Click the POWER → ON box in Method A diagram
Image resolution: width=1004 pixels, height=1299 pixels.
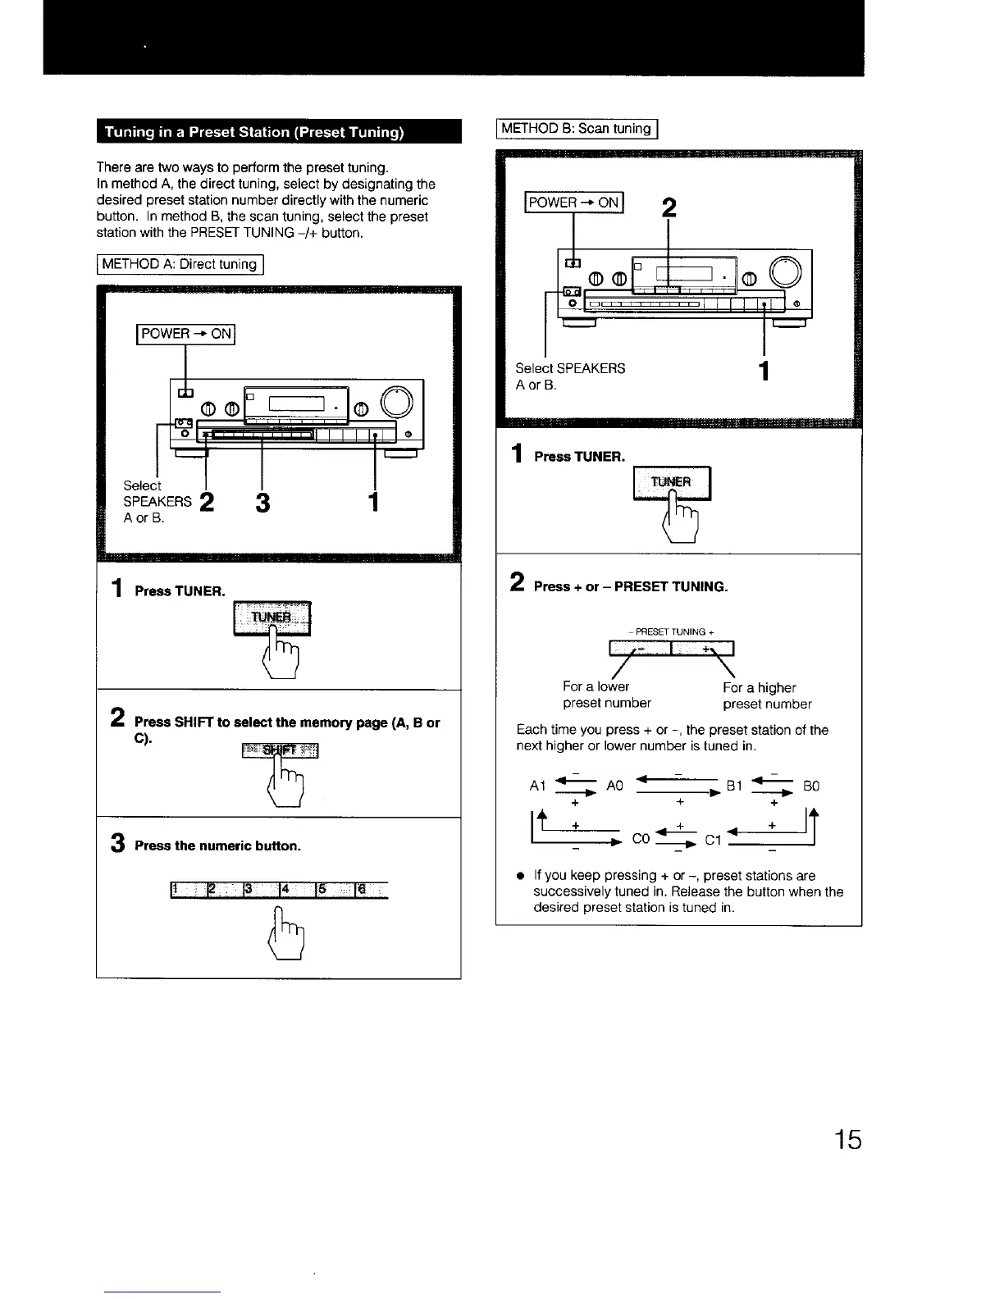point(186,334)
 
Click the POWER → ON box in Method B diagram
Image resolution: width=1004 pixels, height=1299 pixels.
point(574,203)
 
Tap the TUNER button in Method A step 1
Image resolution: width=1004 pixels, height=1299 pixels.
point(271,618)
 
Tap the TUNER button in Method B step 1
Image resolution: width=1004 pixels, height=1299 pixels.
point(672,482)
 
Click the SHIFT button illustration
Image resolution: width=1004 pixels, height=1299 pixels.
point(279,750)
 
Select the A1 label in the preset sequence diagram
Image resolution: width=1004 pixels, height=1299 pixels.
point(538,786)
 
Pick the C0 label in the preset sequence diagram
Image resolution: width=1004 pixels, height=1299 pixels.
point(641,840)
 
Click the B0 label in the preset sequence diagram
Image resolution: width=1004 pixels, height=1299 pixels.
point(810,786)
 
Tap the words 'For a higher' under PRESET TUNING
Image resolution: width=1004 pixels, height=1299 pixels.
point(759,688)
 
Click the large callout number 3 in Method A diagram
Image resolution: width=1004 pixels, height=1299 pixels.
point(262,502)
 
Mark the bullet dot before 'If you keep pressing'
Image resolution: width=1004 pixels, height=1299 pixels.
point(520,876)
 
